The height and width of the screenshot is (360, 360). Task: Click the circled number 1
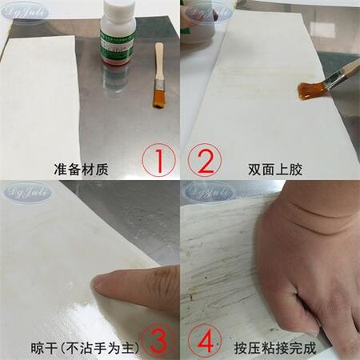pyautogui.click(x=159, y=160)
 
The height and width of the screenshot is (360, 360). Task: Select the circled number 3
pyautogui.click(x=159, y=340)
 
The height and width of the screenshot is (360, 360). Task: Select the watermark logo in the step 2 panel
pyautogui.click(x=207, y=12)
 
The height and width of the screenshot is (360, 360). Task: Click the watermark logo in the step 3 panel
pyautogui.click(x=27, y=192)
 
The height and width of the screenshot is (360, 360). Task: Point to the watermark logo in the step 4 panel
pyautogui.click(x=207, y=192)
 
